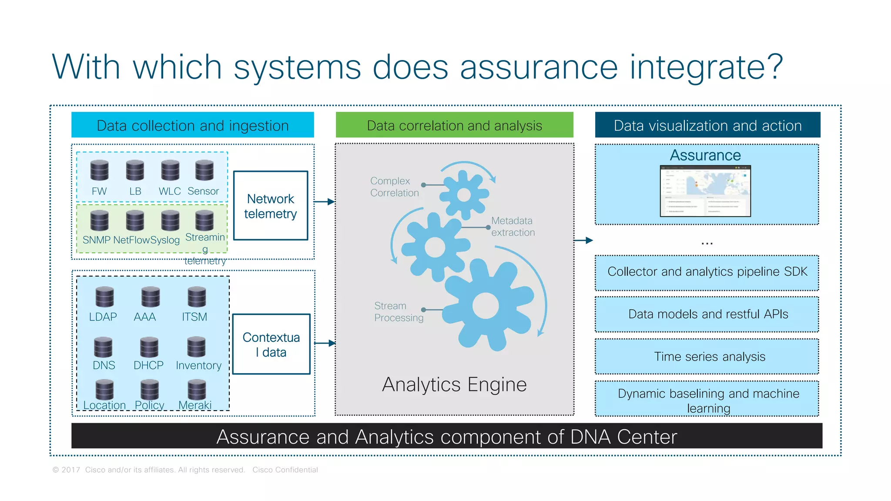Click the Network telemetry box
coord(270,206)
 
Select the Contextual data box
coord(271,344)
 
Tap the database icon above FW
coord(99,170)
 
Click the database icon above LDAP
coord(104,297)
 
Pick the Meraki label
coord(195,405)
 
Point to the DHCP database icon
coord(149,347)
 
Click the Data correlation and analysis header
coord(454,125)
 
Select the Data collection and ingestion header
coord(192,125)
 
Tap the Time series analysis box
coord(707,357)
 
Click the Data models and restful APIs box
coord(707,314)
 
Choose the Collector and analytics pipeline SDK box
coord(707,272)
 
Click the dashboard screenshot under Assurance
coord(705,191)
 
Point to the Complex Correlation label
coord(394,187)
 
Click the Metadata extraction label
coord(512,227)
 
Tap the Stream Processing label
coord(398,312)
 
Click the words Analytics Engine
coord(454,384)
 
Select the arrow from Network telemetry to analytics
coord(325,202)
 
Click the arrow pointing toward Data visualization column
coord(584,240)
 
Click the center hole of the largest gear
coord(485,305)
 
